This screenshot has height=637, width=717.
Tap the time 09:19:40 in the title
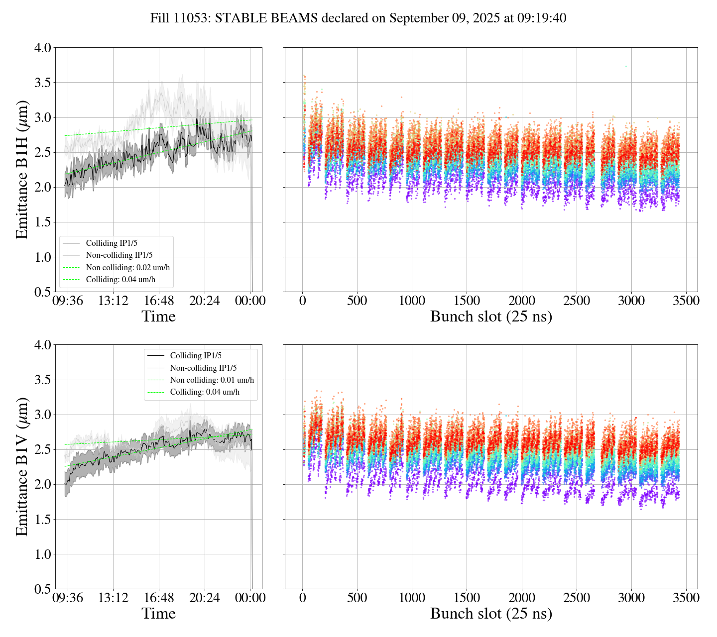tap(545, 18)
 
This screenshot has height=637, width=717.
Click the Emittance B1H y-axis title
tap(22, 170)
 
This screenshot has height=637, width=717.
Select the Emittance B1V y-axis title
tap(22, 466)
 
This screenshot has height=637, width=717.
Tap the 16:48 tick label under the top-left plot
tap(159, 301)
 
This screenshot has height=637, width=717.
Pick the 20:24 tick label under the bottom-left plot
tap(205, 598)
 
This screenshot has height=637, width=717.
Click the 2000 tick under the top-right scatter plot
tap(522, 301)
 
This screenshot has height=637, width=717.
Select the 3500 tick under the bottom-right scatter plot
tap(686, 598)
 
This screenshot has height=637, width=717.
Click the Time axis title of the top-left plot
tap(159, 317)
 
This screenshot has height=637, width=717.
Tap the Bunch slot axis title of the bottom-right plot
tap(491, 614)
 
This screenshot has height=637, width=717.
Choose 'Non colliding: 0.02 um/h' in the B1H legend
tap(127, 268)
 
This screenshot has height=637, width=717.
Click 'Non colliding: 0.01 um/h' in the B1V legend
tap(212, 380)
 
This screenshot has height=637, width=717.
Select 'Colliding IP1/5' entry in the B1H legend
tap(112, 243)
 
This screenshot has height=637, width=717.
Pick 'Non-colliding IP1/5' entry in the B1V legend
tap(203, 368)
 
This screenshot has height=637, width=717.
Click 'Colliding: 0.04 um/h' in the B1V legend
tap(205, 392)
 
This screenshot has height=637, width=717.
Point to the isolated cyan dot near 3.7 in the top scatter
tap(626, 66)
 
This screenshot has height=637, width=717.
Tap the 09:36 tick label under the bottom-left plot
tap(68, 598)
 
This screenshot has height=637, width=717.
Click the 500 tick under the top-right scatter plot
tap(357, 301)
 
